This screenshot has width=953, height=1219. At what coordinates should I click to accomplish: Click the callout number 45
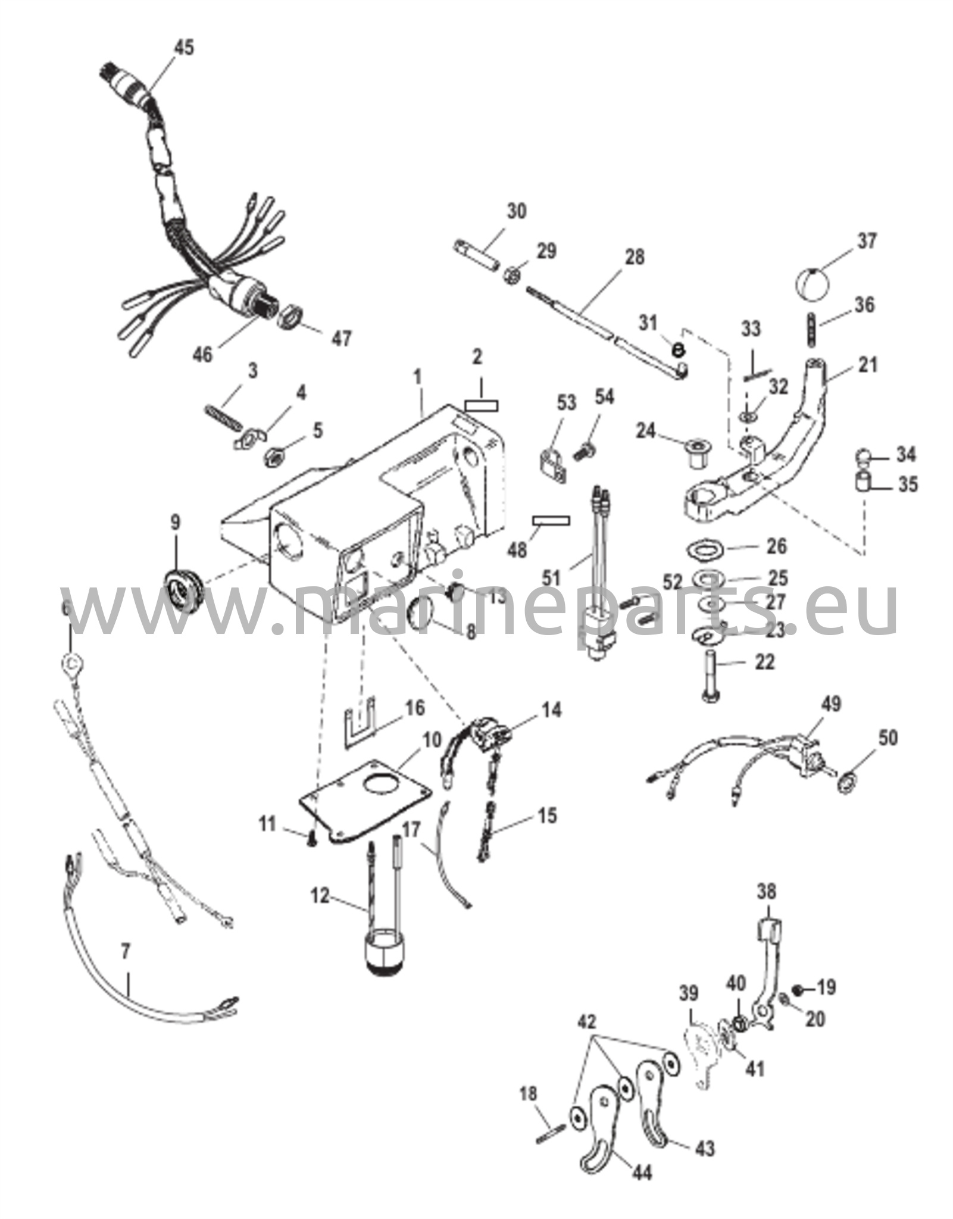[x=183, y=48]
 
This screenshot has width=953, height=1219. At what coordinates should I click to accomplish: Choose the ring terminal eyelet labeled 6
[x=70, y=661]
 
